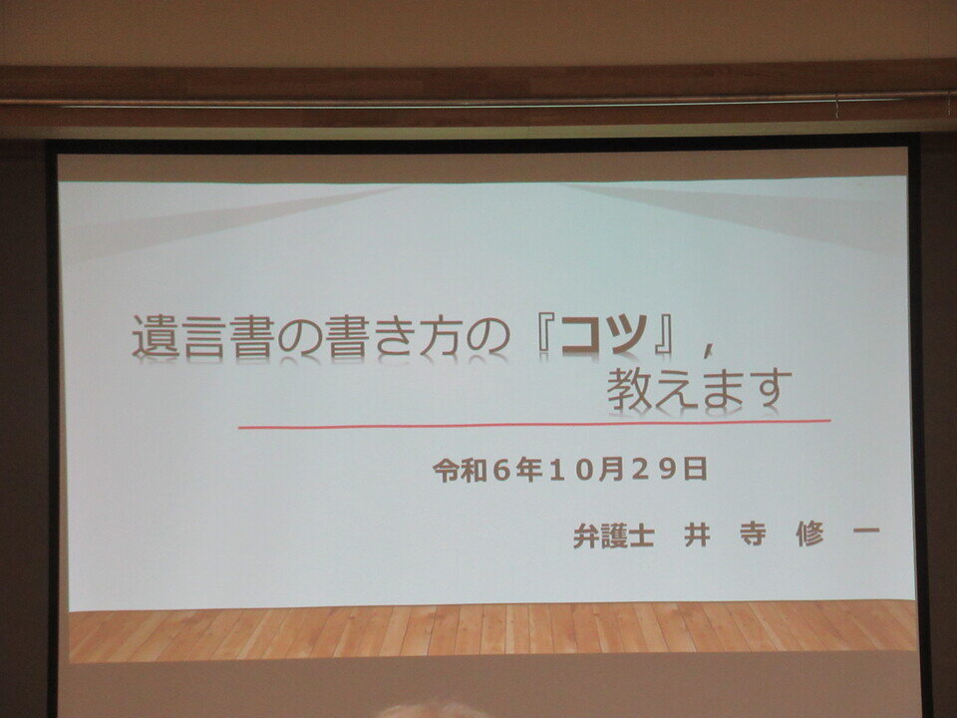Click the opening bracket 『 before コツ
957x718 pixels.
pos(544,335)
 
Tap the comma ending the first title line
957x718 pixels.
pos(708,349)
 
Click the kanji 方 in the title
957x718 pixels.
pos(444,335)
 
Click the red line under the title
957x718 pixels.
pos(534,424)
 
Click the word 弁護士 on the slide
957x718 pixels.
pos(613,536)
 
